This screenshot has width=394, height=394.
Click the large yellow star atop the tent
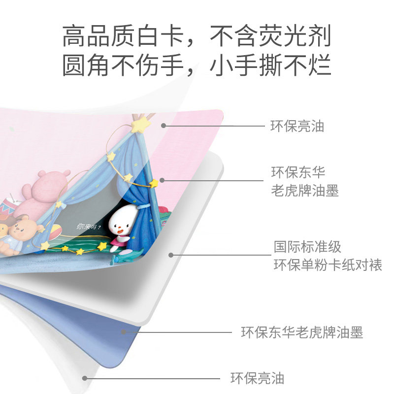(140, 125)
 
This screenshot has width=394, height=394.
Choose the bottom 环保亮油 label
(257, 378)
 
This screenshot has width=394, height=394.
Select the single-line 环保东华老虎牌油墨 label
(302, 332)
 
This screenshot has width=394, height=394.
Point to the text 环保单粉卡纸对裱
(328, 264)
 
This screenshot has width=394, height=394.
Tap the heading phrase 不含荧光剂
(270, 37)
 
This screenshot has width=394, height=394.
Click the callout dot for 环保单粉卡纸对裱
(171, 255)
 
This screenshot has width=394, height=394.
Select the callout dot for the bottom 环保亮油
(85, 378)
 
